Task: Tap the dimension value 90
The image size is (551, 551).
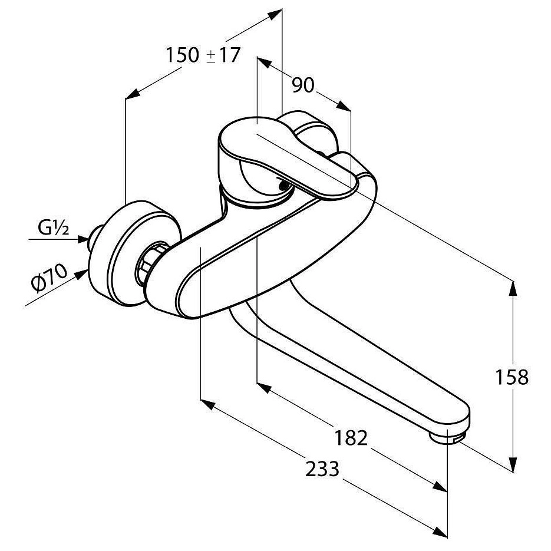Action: pos(303,86)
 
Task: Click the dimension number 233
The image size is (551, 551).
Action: pos(322,470)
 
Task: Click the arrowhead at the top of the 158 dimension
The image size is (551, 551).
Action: pos(513,288)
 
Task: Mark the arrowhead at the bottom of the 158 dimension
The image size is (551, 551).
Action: pos(513,466)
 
